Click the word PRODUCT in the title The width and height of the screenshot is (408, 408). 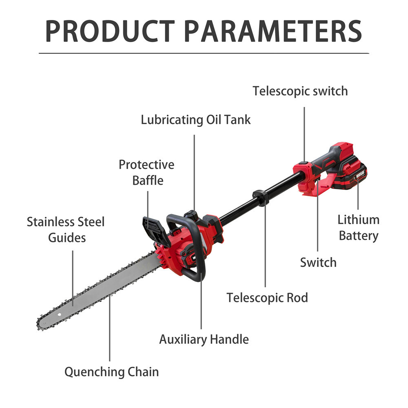click(110, 31)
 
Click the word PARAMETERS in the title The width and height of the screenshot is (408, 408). click(273, 31)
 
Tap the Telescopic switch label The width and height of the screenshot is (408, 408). click(300, 91)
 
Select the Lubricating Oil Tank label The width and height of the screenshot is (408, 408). click(196, 120)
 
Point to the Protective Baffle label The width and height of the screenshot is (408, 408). click(147, 173)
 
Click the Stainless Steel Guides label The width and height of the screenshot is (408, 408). click(66, 230)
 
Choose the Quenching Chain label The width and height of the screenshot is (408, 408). click(112, 372)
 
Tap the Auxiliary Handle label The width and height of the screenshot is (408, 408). click(204, 339)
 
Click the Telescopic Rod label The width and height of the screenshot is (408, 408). click(267, 298)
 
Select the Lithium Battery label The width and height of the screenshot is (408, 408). click(359, 228)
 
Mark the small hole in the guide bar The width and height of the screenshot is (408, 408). click(59, 314)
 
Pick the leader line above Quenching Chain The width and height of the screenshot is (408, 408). click(109, 328)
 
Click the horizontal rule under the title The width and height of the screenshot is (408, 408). click(204, 53)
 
